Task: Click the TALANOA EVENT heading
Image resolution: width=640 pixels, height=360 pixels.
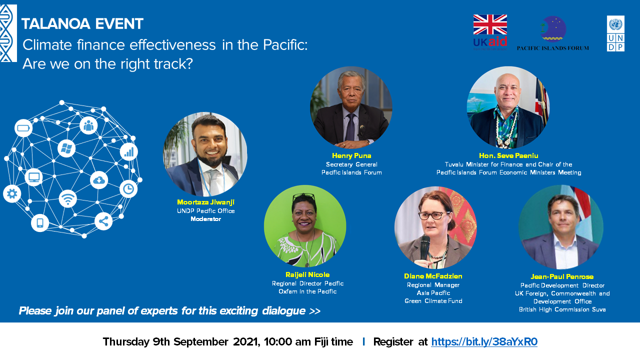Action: [82, 23]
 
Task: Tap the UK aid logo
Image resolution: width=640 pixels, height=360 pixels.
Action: [490, 32]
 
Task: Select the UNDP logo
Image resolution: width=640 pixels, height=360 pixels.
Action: [615, 33]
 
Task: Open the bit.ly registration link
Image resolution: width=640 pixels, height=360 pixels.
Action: [484, 341]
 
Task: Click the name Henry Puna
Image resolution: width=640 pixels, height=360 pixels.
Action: [351, 155]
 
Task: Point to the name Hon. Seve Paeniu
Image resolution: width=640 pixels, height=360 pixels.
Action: [508, 155]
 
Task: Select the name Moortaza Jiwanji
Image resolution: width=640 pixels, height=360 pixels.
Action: [205, 202]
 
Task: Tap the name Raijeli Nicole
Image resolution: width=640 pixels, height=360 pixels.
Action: [307, 275]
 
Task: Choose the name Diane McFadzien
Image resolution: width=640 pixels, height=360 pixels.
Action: [433, 276]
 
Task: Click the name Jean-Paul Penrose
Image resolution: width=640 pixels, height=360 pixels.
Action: [562, 277]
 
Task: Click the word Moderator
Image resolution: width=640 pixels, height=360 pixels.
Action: [205, 219]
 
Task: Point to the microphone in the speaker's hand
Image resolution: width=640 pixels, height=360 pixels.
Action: [425, 247]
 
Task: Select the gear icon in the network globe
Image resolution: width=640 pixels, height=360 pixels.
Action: [12, 194]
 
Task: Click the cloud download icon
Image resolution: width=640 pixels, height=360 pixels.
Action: [99, 180]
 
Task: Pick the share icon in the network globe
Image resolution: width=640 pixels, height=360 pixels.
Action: [103, 221]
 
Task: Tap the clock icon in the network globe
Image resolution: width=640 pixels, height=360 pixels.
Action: [128, 189]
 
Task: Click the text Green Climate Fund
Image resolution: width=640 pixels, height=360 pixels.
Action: [433, 301]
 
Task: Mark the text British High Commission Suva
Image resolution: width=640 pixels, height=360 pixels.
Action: [562, 309]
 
